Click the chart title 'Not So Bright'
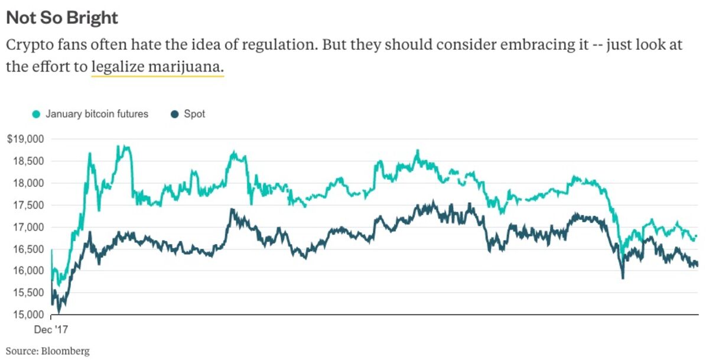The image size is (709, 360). click(61, 18)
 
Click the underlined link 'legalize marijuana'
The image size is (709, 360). click(158, 67)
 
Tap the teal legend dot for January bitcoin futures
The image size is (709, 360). click(37, 114)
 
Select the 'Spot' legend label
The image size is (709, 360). click(194, 114)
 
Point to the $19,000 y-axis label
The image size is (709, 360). click(25, 139)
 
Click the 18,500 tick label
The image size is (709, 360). click(28, 161)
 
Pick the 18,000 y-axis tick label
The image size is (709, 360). click(28, 183)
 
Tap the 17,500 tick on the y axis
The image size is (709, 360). click(28, 205)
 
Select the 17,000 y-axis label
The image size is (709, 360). click(28, 227)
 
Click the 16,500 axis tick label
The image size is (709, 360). click(28, 249)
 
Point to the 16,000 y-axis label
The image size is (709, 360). click(28, 271)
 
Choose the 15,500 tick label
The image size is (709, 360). click(28, 293)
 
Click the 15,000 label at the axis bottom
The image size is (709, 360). click(28, 314)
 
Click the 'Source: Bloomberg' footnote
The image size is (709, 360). click(48, 351)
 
